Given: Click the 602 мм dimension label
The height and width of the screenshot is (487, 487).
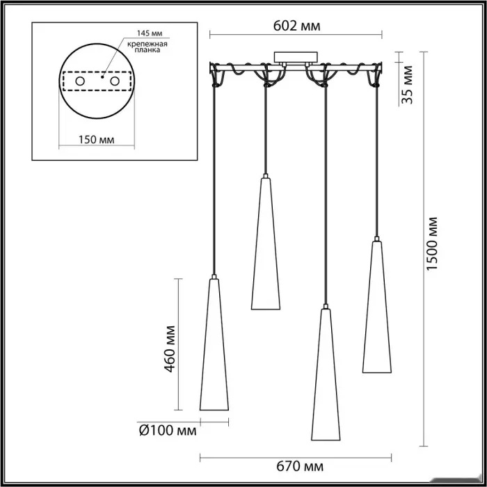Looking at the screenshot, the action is coord(296,26).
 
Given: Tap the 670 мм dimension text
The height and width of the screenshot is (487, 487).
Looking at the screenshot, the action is coord(299,467).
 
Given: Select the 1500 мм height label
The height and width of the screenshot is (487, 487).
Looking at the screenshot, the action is coord(432,243).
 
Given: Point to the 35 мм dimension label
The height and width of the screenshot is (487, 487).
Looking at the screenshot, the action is coord(407,85).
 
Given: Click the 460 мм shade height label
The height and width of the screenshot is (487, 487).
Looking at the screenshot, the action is coord(170,349).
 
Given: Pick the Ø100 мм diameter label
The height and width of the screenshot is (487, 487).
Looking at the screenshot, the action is coord(168,431).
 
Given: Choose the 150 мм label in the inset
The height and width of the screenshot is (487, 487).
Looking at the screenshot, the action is coord(96,140).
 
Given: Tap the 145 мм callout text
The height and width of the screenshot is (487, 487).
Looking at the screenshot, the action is coord(150,33).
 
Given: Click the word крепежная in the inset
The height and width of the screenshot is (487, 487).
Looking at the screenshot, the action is coord(147,44).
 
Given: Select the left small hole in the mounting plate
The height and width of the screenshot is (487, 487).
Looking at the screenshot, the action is coord(80,81).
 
